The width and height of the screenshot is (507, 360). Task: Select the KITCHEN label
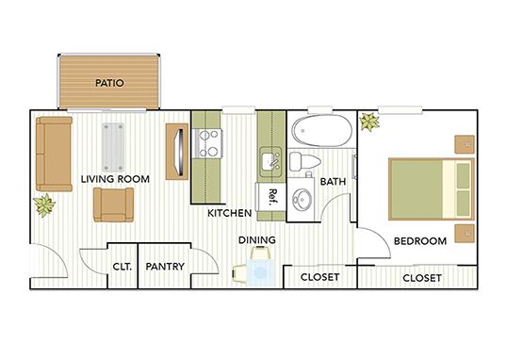pyautogui.click(x=229, y=213)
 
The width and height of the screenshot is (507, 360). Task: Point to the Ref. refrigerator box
pyautogui.click(x=271, y=195)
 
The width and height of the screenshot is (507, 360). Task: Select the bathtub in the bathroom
pyautogui.click(x=321, y=130)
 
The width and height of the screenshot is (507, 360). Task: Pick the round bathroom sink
pyautogui.click(x=303, y=201)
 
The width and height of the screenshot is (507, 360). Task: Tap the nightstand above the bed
pyautogui.click(x=463, y=145)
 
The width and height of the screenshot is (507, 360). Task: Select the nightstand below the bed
pyautogui.click(x=463, y=233)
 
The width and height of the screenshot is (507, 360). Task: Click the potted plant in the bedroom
pyautogui.click(x=368, y=122)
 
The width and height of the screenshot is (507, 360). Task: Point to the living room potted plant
pyautogui.click(x=44, y=204)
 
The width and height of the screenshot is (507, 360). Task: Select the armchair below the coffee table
pyautogui.click(x=113, y=205)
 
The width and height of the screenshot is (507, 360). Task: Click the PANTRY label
pyautogui.click(x=165, y=267)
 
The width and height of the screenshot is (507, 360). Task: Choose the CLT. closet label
pyautogui.click(x=122, y=267)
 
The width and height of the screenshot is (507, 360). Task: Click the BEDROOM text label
pyautogui.click(x=419, y=241)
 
